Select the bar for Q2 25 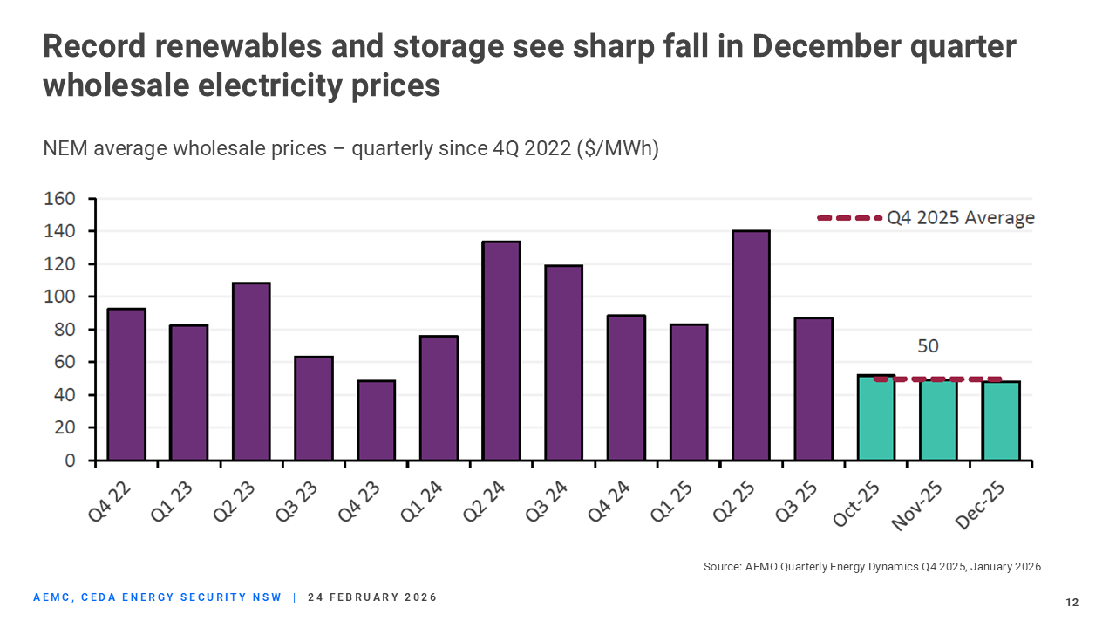pyautogui.click(x=751, y=345)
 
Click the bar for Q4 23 pyautogui.click(x=376, y=420)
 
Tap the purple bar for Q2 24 pyautogui.click(x=501, y=351)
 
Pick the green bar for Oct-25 pyautogui.click(x=876, y=419)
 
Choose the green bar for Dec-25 pyautogui.click(x=1001, y=421)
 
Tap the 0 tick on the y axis pyautogui.click(x=69, y=461)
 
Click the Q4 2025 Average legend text pyautogui.click(x=961, y=218)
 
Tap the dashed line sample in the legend pyautogui.click(x=849, y=218)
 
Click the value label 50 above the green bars pyautogui.click(x=928, y=346)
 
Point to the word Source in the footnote pyautogui.click(x=723, y=567)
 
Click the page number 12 pyautogui.click(x=1072, y=603)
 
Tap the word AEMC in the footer pyautogui.click(x=52, y=597)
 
